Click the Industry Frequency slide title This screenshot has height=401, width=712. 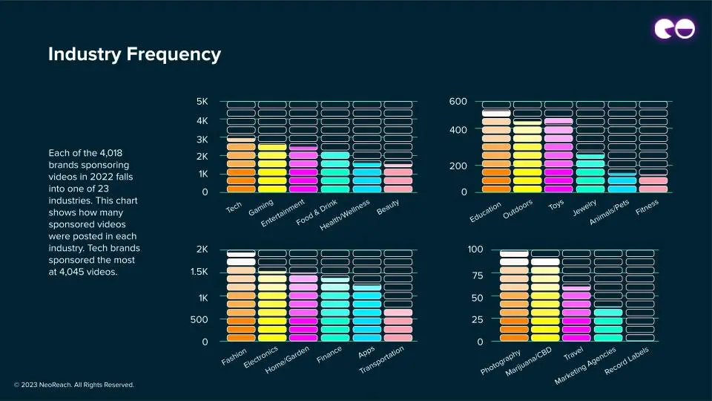click(x=134, y=54)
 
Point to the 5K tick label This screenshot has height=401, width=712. click(x=202, y=102)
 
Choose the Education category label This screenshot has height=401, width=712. click(x=486, y=212)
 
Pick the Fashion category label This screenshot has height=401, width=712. click(x=234, y=357)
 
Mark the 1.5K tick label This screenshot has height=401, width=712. click(x=198, y=272)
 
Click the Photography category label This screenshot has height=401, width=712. click(x=501, y=362)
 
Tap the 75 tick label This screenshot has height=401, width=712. click(x=475, y=276)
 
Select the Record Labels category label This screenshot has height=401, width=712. click(x=627, y=362)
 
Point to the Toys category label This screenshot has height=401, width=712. click(x=556, y=205)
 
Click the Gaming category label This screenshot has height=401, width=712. click(x=261, y=207)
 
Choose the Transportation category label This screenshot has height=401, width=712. click(x=382, y=360)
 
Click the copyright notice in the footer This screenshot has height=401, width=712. click(x=74, y=385)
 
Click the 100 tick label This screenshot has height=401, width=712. click(x=475, y=250)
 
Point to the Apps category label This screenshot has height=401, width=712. click(x=366, y=351)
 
